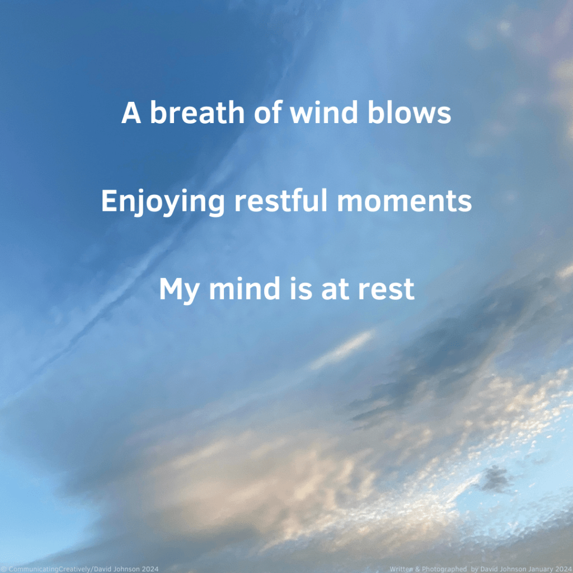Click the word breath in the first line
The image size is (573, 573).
click(198, 112)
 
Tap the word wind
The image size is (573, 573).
click(324, 112)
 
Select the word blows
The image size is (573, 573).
click(409, 112)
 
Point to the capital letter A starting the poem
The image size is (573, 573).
click(131, 112)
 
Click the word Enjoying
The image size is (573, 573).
click(163, 202)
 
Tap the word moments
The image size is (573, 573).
click(404, 201)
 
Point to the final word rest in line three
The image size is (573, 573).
click(386, 289)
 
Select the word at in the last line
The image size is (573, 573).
click(335, 289)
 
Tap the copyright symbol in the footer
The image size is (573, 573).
click(4, 569)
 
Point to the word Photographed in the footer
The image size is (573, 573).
click(444, 569)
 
